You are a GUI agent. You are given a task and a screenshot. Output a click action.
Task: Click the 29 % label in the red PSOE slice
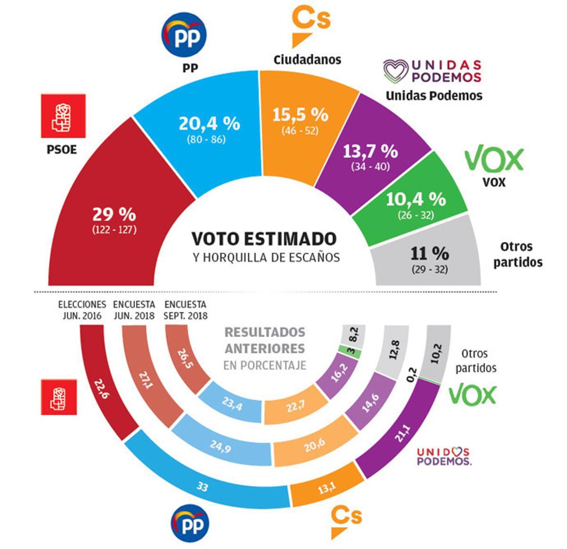click(114, 215)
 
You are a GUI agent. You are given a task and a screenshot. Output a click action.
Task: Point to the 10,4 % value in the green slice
click(416, 199)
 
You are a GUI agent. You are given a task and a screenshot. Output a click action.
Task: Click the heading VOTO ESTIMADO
click(264, 239)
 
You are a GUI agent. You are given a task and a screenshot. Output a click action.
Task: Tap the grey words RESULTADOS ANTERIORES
click(265, 341)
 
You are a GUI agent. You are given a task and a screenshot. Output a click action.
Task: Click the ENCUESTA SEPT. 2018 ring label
click(186, 310)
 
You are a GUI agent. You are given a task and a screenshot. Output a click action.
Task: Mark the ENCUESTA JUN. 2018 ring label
click(134, 310)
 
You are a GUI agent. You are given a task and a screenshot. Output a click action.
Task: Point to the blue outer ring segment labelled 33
click(202, 486)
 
